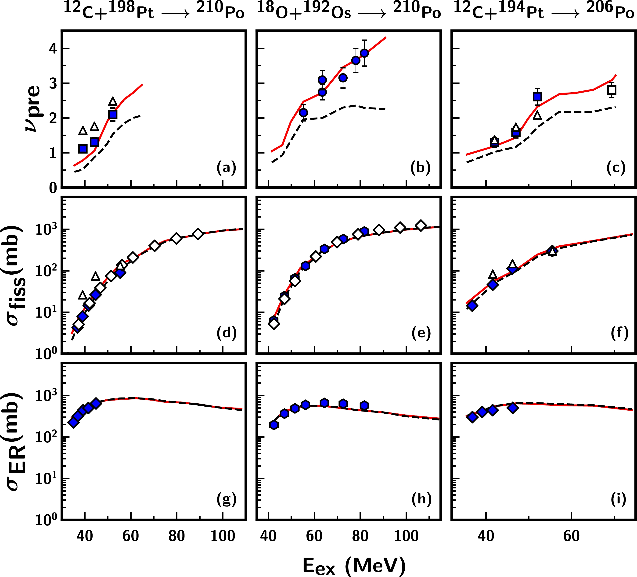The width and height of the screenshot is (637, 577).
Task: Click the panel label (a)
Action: pyautogui.click(x=226, y=168)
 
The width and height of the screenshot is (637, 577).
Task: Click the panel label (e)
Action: pyautogui.click(x=421, y=333)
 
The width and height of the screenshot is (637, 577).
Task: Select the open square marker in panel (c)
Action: pyautogui.click(x=612, y=90)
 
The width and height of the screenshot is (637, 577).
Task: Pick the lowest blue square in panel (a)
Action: pyautogui.click(x=83, y=149)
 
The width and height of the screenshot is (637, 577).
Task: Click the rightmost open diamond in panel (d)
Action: pyautogui.click(x=198, y=234)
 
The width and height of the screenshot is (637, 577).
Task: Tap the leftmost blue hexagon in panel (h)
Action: pyautogui.click(x=274, y=425)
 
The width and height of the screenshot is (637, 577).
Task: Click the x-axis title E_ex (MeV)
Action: pyautogui.click(x=354, y=565)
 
